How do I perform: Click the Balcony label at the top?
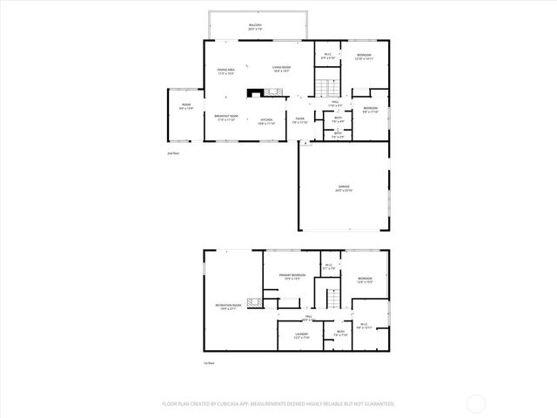pos(255,26)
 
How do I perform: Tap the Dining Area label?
pos(226,72)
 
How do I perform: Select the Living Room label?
pos(280,68)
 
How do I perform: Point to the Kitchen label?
pos(266,122)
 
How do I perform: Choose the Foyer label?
pos(299,122)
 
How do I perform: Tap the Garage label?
pos(345,187)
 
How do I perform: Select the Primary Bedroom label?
pos(292,277)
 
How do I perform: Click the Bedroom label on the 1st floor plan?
pos(365,280)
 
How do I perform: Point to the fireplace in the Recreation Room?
pos(254,303)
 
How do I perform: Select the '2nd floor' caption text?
pos(172,152)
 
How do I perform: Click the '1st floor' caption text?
pos(208,362)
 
